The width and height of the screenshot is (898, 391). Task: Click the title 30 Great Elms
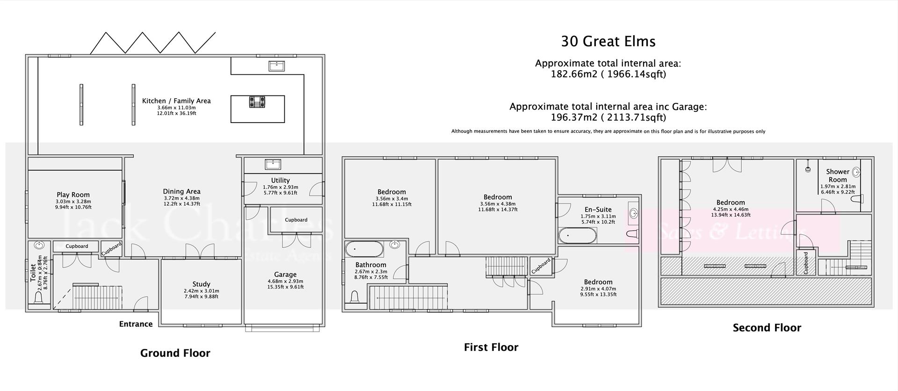click(x=608, y=41)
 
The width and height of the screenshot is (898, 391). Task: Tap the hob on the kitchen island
click(x=257, y=101)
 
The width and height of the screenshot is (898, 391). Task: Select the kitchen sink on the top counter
click(x=277, y=66)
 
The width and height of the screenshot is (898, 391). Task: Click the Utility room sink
click(x=273, y=164)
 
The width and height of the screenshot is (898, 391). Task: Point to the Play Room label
click(x=73, y=195)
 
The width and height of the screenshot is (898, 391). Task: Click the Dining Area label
click(x=181, y=191)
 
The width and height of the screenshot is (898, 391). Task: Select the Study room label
click(x=201, y=284)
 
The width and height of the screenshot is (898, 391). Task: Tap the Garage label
click(x=285, y=275)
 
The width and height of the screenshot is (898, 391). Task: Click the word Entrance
click(x=136, y=324)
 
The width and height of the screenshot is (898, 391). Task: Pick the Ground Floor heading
click(x=175, y=353)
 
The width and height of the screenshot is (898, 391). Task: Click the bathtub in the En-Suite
click(x=577, y=235)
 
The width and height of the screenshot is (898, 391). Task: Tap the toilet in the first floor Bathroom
click(x=355, y=297)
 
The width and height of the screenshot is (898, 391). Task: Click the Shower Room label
click(x=837, y=175)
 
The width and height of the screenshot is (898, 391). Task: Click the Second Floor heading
click(x=767, y=328)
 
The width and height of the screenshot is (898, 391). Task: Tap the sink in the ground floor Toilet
click(x=39, y=245)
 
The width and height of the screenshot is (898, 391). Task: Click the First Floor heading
click(x=491, y=347)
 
